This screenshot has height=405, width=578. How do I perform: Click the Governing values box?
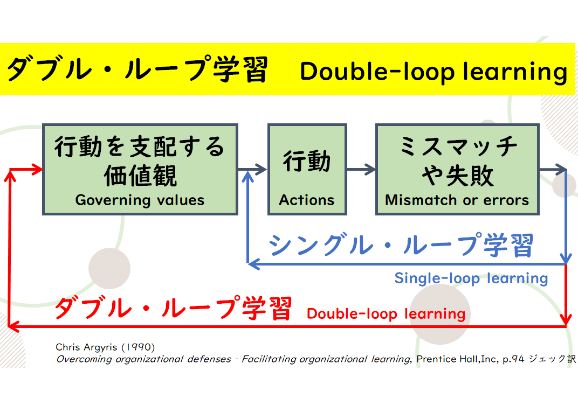140,169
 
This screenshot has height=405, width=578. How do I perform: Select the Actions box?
307,169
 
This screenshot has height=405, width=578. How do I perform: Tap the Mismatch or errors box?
457,169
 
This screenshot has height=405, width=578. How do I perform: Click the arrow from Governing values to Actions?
252,169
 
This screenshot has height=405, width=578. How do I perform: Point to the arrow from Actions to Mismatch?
361,169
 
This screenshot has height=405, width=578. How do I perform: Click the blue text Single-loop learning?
471,278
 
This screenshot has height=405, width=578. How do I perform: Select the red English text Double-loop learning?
386,314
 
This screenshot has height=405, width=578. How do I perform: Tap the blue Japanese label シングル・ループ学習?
401,245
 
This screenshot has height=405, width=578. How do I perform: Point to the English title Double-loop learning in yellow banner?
433,72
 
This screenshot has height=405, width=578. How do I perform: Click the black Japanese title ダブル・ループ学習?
137,69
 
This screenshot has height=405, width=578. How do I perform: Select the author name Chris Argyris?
86,347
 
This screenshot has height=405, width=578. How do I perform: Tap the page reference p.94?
513,359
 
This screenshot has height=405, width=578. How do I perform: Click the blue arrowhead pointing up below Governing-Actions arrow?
247,177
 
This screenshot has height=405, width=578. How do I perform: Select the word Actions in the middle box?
307,200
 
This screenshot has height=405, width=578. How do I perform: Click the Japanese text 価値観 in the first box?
140,176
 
